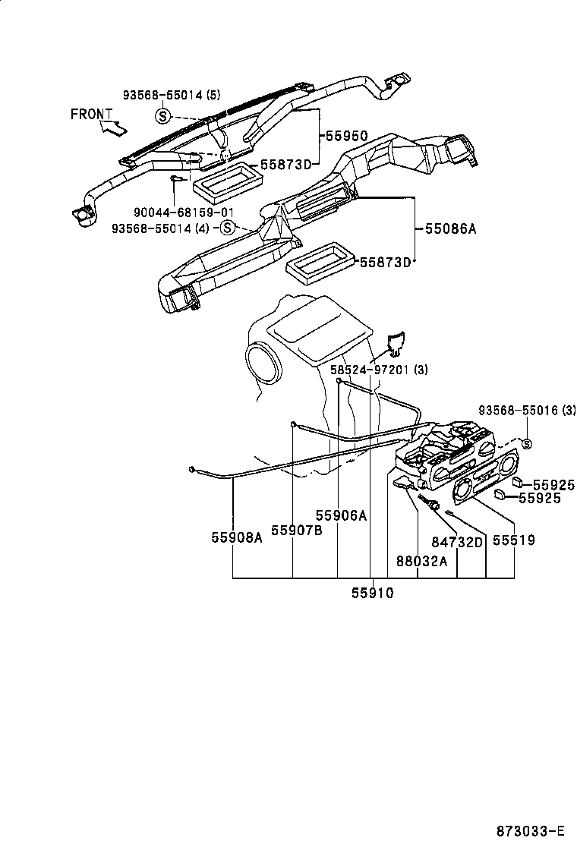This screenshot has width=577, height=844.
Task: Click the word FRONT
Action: tap(92, 114)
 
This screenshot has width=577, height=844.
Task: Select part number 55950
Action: tap(347, 136)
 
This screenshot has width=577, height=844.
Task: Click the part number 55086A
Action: tap(449, 228)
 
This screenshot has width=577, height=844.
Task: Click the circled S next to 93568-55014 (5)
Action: tap(162, 115)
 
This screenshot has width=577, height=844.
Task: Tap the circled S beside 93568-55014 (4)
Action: tap(227, 228)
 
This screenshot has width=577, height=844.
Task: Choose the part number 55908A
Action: tap(237, 537)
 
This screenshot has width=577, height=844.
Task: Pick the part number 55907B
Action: tap(297, 530)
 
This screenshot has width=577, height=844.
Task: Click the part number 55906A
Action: tap(342, 515)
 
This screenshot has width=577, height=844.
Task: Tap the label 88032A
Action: tap(421, 561)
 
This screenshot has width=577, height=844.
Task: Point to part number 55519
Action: tap(514, 540)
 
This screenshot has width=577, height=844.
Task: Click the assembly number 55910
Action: tap(372, 594)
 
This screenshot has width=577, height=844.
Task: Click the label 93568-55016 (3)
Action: tap(527, 411)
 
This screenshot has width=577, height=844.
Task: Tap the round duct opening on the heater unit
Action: tap(263, 362)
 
